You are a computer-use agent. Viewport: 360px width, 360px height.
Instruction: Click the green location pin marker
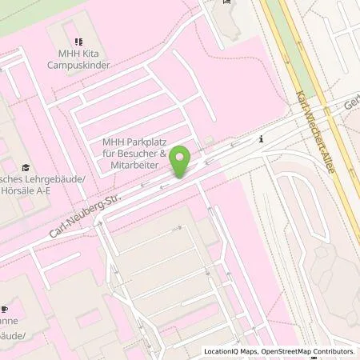[181, 162]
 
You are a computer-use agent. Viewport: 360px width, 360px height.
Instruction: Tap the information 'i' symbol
[261, 139]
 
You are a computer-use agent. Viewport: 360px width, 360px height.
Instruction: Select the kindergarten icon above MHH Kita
[78, 41]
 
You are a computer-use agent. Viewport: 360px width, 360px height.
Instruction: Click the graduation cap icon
[26, 168]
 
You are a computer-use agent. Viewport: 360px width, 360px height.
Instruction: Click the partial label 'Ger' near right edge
[352, 104]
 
